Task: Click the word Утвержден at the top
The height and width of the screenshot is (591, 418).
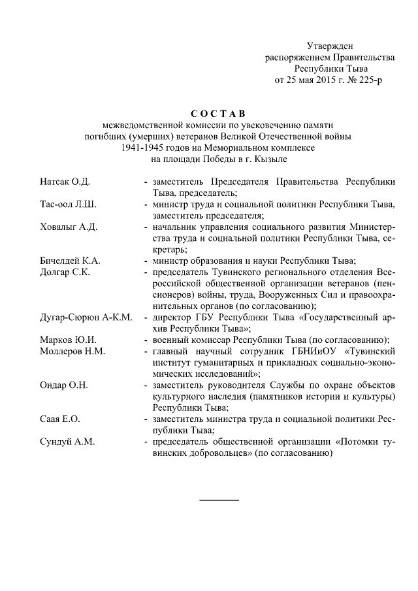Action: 330,46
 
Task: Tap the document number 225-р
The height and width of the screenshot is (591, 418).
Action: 368,81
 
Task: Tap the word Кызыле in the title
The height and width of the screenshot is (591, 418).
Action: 272,159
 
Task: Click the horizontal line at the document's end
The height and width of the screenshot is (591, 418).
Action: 219,500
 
